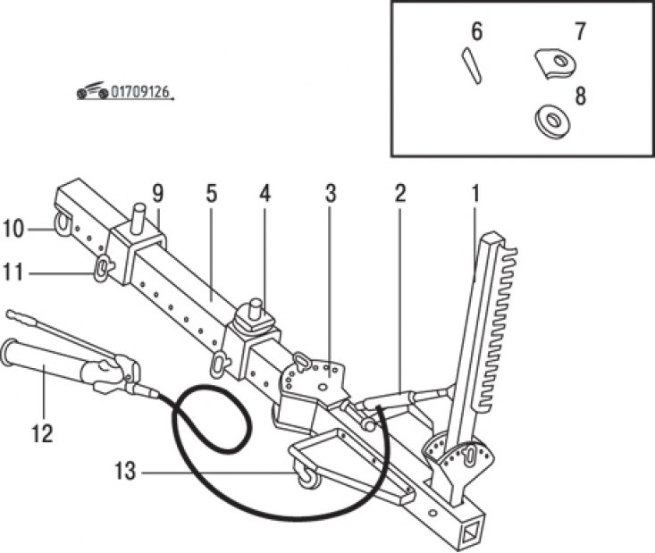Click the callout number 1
pos(475,193)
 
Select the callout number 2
pos(399,193)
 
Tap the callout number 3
pos(331,193)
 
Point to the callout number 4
pos(265,193)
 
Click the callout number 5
pos(212,193)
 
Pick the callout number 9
pos(157,193)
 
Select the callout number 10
pos(13,229)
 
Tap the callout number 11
pos(13,273)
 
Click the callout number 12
pos(42,433)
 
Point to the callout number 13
pos(125,472)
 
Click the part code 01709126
pos(139,92)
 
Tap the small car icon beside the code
pos(92,90)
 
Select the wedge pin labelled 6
pos(472,65)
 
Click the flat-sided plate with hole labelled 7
pos(555,63)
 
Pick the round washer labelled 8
pos(553,121)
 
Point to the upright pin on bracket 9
pos(139,215)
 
